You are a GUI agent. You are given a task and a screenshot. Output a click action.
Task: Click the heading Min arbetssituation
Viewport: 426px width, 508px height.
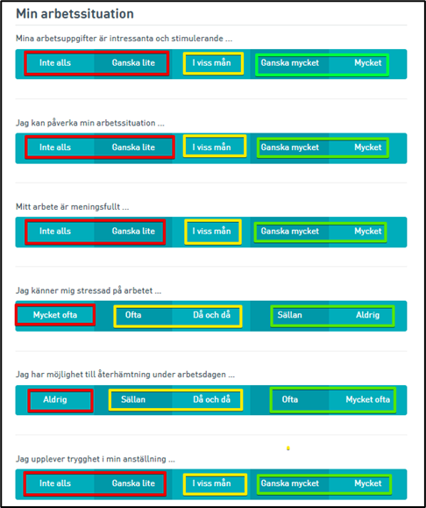point(75,14)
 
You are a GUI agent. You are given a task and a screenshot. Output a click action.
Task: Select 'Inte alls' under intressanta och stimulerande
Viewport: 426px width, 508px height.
point(55,63)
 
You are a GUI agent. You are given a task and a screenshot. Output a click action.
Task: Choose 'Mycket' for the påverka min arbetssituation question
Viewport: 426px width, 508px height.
point(368,147)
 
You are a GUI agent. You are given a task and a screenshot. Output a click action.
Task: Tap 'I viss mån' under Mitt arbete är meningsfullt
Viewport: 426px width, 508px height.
point(212,232)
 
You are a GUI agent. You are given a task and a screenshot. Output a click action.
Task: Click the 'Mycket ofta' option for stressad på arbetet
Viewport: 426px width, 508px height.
point(55,315)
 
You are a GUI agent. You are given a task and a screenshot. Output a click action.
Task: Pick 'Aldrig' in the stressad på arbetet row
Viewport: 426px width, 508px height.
point(368,315)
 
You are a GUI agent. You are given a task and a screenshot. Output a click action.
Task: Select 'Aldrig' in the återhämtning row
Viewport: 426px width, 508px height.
point(55,399)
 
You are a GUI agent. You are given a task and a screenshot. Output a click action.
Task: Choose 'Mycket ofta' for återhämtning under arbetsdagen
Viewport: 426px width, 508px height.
point(368,399)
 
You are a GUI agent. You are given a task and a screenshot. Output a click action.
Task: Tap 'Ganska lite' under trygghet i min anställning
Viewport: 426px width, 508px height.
point(133,483)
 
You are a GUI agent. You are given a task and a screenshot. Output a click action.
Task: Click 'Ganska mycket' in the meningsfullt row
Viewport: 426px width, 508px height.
point(290,232)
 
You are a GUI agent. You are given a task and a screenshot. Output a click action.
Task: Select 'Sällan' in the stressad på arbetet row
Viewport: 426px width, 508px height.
point(290,315)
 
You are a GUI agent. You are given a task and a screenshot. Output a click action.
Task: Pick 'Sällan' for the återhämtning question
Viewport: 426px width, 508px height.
point(133,399)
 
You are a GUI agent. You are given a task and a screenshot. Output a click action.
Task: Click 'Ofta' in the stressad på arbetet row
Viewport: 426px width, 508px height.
point(133,315)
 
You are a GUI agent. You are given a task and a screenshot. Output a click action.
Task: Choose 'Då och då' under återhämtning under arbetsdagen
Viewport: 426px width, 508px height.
point(212,399)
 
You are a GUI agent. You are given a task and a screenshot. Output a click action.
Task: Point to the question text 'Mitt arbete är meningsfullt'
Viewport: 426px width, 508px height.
point(73,207)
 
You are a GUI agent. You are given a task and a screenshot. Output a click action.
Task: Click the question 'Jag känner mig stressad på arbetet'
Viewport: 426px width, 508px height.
point(89,291)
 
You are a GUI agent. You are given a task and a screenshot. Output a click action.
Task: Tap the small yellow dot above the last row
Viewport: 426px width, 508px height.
point(288,448)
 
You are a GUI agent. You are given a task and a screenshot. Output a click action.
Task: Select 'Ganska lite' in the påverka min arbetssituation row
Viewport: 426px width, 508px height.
point(133,147)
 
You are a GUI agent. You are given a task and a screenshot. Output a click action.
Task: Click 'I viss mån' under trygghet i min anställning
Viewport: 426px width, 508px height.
point(212,483)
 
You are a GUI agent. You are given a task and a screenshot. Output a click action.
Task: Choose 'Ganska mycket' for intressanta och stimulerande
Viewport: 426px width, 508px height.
point(290,63)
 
